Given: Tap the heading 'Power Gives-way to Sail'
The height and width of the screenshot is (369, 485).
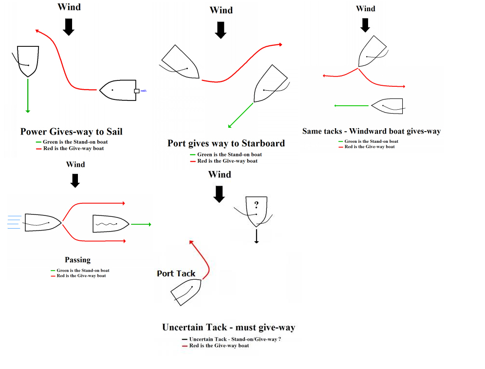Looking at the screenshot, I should (71, 132).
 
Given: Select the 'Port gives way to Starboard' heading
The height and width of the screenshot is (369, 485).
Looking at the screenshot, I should (226, 143).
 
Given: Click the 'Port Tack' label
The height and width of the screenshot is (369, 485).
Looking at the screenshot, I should (176, 273).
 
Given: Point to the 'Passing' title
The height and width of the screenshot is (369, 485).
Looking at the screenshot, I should (77, 260).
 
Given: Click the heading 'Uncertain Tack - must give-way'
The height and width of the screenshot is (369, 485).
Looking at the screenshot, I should (228, 328).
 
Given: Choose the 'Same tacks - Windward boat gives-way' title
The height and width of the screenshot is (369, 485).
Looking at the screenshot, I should (371, 131).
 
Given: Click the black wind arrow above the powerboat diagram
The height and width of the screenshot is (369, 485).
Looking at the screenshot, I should (69, 26).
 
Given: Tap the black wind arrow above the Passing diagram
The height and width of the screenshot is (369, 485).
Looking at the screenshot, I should (75, 181).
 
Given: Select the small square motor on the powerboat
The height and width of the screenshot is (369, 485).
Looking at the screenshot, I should (137, 90).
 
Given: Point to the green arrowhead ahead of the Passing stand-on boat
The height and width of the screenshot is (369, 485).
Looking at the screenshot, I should (149, 224).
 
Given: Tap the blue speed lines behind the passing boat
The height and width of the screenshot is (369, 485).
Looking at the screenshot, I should (15, 222).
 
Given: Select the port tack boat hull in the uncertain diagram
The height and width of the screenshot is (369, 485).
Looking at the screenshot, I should (185, 292).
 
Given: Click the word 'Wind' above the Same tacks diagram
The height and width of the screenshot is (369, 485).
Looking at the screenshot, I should (365, 9).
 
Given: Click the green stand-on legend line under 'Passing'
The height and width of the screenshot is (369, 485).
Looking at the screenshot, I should (53, 271).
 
